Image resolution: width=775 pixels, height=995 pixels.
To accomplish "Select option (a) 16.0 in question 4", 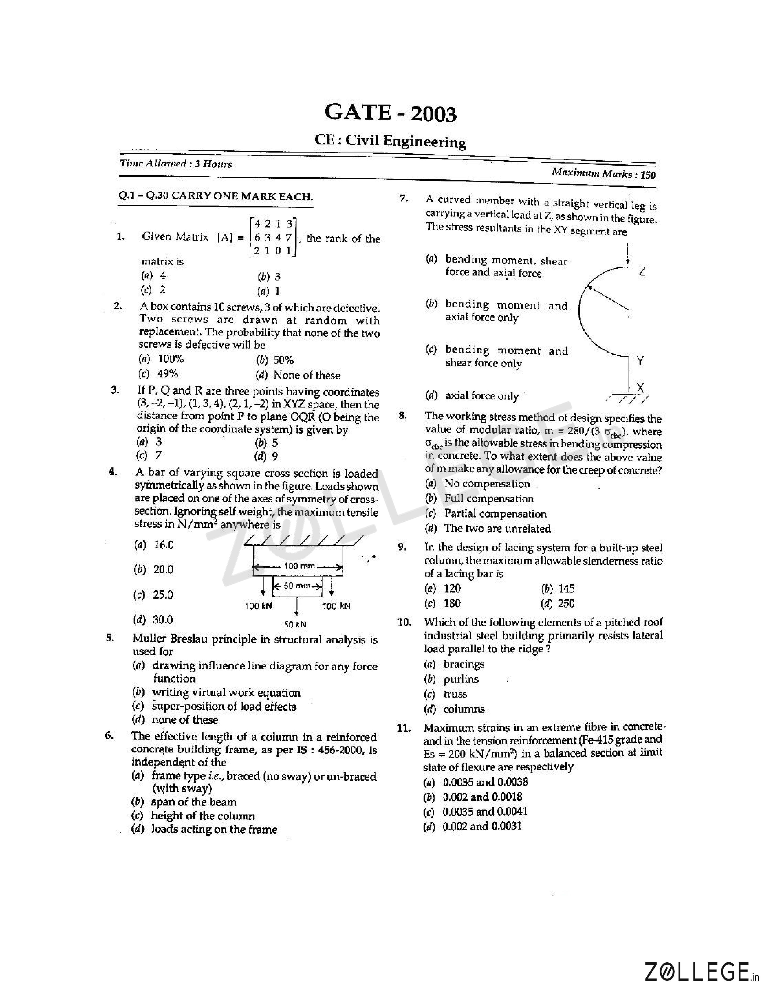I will (154, 545).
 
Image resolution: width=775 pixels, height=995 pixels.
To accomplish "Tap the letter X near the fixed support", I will (640, 388).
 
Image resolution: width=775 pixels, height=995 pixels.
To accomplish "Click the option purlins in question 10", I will (460, 679).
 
